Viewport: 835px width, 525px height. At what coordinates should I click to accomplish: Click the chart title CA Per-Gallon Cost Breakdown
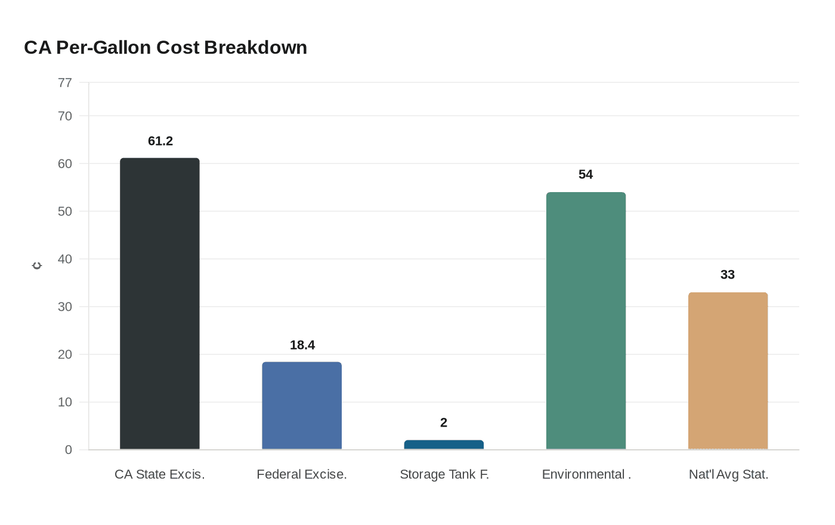coord(165,48)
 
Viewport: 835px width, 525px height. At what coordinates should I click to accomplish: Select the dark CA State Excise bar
coord(160,304)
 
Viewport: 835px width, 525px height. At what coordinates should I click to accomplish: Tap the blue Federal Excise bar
coord(302,406)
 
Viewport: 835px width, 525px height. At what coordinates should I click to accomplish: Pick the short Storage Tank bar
coord(444,444)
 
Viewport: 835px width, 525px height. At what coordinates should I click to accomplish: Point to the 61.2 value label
coord(160,141)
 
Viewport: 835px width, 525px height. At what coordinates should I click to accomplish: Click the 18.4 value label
coord(302,345)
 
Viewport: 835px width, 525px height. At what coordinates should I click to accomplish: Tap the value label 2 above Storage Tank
coord(444,423)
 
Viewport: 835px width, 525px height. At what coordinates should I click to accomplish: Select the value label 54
coord(586,175)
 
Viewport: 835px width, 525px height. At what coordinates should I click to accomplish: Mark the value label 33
coord(728,275)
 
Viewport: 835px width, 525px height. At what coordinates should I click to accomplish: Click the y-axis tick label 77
coord(65,83)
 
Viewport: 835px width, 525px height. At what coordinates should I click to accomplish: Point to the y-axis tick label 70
coord(65,116)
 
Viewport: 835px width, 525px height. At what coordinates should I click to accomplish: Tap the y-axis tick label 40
coord(65,259)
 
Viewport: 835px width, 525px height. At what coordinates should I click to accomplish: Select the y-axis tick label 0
coord(69,450)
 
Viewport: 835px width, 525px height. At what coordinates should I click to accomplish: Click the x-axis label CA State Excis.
coord(160,475)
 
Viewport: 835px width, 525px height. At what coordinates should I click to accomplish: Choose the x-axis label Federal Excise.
coord(302,475)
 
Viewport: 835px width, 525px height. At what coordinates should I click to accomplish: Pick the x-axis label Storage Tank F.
coord(444,475)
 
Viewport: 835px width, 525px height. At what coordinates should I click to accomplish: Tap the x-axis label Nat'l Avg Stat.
coord(728,475)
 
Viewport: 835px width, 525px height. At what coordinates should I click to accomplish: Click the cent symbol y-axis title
coord(37,265)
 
